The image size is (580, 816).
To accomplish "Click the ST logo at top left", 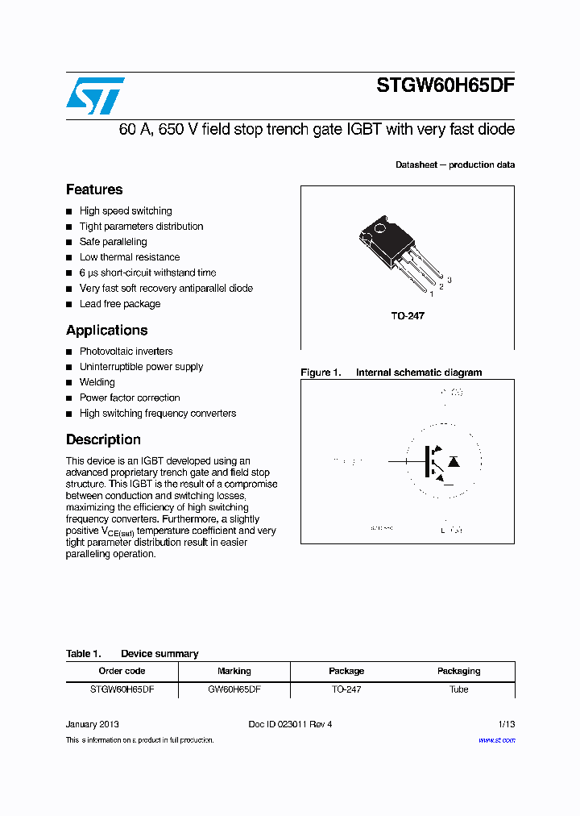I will click(x=95, y=96).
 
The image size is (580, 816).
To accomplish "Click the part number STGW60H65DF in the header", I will click(x=445, y=87).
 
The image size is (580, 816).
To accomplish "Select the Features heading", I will click(x=94, y=189).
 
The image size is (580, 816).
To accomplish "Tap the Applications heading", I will click(x=106, y=330).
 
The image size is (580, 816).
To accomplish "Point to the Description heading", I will click(x=103, y=439).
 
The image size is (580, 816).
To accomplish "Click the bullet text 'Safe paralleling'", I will click(x=113, y=242).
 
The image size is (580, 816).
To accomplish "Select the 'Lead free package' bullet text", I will click(x=119, y=304).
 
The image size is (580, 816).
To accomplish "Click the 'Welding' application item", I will click(x=97, y=382).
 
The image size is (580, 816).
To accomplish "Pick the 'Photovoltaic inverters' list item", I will click(x=126, y=352).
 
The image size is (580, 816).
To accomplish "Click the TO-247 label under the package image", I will click(x=408, y=316).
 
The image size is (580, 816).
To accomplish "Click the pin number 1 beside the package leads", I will click(x=432, y=294).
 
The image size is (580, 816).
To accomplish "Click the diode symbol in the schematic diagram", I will click(x=454, y=462).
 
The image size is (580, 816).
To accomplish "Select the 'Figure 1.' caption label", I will click(x=321, y=373).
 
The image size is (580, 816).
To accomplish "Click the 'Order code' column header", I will click(x=122, y=671).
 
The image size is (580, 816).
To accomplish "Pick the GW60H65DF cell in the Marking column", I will click(x=234, y=690).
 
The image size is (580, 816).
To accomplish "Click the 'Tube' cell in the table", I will click(x=458, y=690).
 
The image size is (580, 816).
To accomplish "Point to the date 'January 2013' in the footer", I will click(x=93, y=724).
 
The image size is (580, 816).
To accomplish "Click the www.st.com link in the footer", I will click(x=496, y=739).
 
